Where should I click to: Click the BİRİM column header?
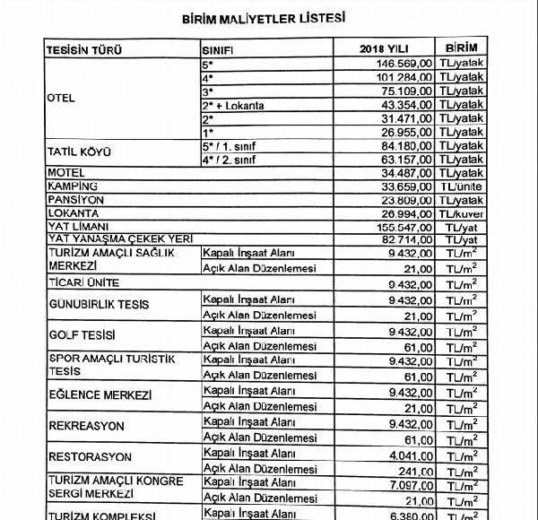point(460,48)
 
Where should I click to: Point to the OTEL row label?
point(60,99)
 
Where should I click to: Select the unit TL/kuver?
point(461,215)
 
